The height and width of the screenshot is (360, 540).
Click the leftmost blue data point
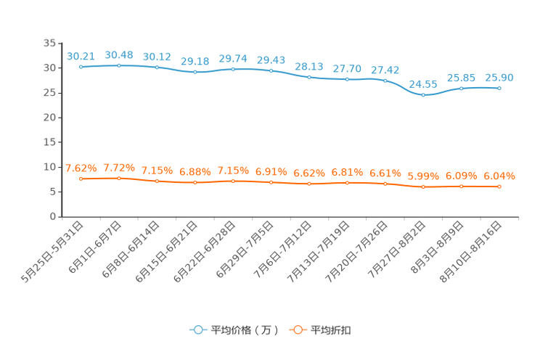81,67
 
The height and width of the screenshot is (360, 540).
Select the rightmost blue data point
499,88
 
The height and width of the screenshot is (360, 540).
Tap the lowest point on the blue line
423,95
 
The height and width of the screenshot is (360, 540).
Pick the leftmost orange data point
81,178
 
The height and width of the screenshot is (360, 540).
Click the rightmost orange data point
499,187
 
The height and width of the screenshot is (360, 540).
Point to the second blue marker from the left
119,65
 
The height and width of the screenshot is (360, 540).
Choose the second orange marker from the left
119,178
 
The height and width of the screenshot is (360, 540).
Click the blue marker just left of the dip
385,80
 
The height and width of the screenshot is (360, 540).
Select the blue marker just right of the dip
462,88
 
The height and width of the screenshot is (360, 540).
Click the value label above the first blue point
81,56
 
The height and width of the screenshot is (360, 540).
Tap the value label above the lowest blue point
423,84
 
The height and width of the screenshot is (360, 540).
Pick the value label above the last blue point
499,77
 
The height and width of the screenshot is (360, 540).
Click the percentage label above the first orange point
81,168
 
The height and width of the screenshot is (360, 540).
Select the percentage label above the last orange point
499,176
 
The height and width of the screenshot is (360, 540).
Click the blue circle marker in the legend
198,330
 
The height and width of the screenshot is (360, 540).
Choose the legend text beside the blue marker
244,330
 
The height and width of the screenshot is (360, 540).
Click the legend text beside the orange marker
332,330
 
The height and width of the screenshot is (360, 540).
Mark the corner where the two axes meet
62,216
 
